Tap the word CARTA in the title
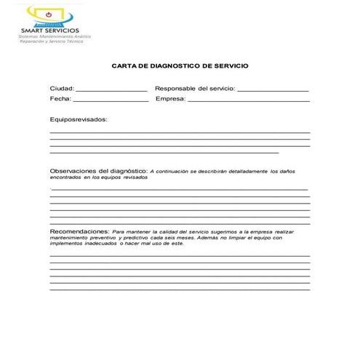point(124,65)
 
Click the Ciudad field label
point(62,88)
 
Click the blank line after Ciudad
point(111,89)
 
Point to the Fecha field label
point(60,98)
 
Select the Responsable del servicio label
point(194,88)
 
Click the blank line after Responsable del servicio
point(273,89)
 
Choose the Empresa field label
point(170,98)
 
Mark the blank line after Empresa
point(248,100)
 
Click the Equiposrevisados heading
point(78,118)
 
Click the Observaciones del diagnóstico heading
point(98,172)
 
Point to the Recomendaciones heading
point(79,230)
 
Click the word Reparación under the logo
point(37,41)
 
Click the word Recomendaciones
point(79,230)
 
